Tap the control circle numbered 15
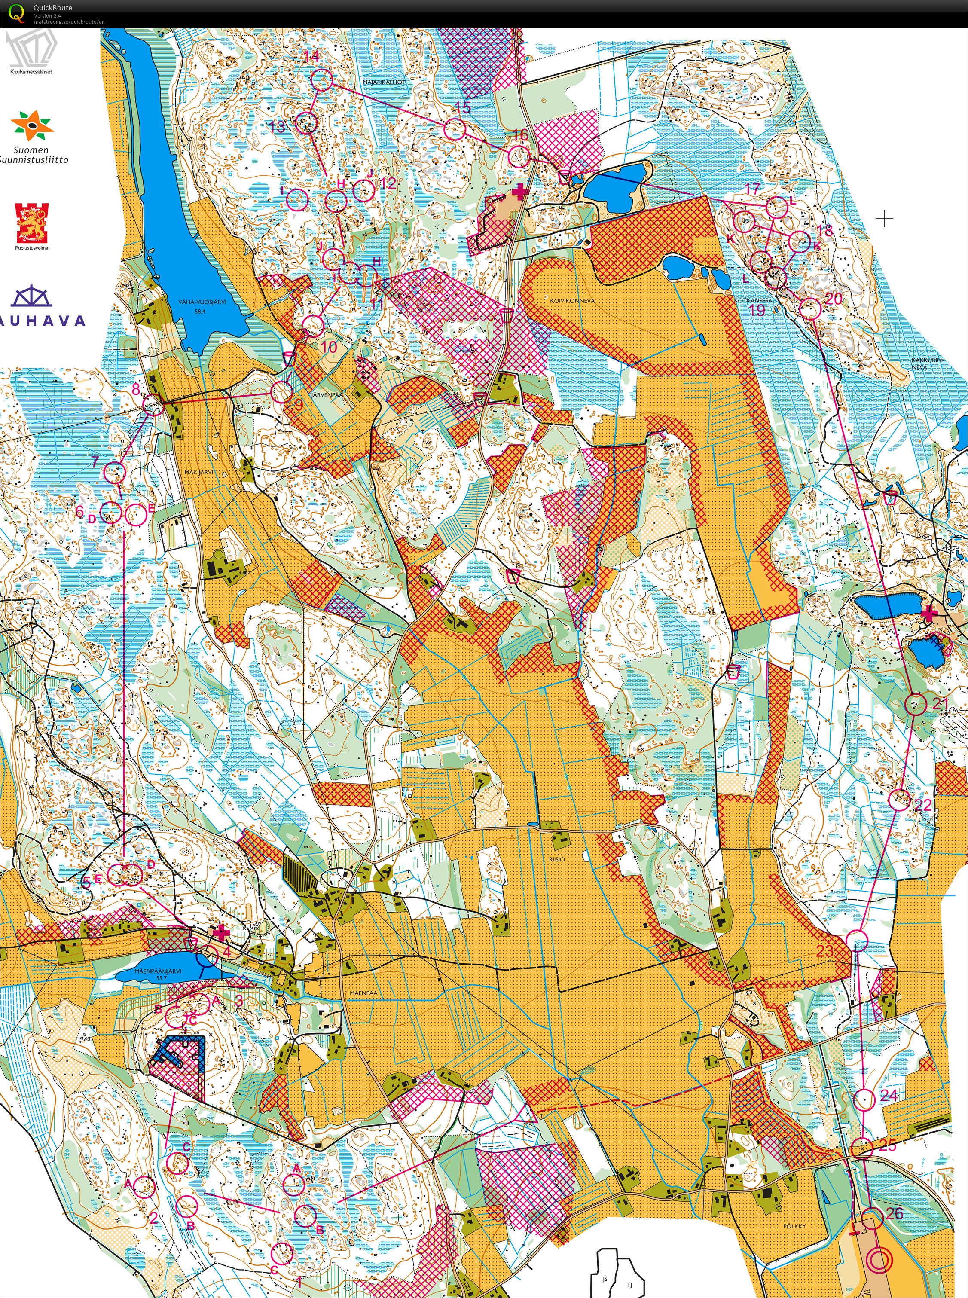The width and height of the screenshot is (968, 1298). (x=454, y=129)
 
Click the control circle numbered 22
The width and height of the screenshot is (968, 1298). (x=899, y=799)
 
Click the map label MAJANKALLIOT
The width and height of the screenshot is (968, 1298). (x=384, y=82)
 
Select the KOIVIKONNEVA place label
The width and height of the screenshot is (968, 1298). (x=572, y=300)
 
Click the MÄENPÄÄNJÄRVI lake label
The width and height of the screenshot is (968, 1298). (x=158, y=971)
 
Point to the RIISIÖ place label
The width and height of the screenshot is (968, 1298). (x=557, y=859)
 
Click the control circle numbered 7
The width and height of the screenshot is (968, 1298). (x=115, y=471)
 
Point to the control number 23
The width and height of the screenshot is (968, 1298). (x=825, y=950)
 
